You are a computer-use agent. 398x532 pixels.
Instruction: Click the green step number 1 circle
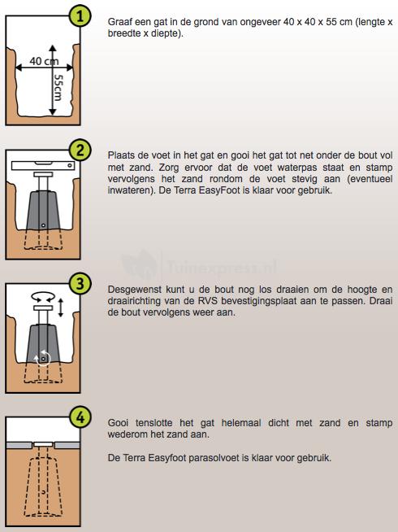tap(80, 16)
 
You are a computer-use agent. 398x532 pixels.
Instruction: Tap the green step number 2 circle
tap(80, 150)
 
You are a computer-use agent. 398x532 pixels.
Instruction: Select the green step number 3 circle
tap(80, 284)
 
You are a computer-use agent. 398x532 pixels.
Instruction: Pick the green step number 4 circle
tap(80, 417)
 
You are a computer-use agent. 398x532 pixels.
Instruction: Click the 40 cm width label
tap(44, 61)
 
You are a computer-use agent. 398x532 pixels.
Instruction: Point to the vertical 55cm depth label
tap(58, 88)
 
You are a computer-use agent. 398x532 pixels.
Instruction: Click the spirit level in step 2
tap(43, 166)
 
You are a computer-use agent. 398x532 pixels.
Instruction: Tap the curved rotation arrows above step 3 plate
tap(43, 297)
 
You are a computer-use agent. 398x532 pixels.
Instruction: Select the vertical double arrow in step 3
tap(61, 307)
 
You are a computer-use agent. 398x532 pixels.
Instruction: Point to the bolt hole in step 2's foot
tap(43, 225)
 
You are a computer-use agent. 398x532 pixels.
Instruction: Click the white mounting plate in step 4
tap(43, 444)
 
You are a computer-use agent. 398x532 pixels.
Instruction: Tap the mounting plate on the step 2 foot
tap(43, 174)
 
